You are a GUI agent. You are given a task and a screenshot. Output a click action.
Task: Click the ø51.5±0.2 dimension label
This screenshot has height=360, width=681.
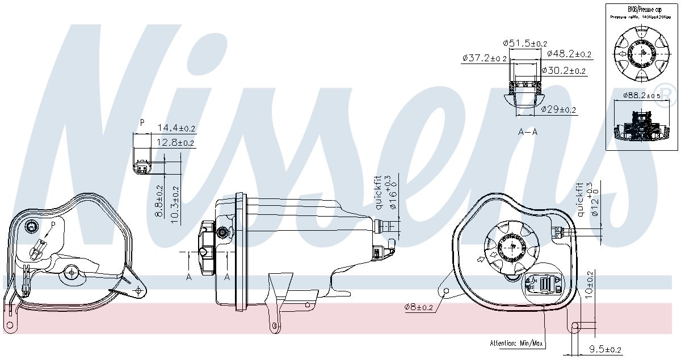(525, 43)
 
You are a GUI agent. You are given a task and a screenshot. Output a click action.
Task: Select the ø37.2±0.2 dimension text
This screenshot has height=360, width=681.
(484, 58)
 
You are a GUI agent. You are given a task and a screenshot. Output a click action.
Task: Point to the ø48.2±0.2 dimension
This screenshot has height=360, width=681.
(569, 54)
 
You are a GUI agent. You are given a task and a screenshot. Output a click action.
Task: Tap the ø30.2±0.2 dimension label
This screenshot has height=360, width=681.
(564, 71)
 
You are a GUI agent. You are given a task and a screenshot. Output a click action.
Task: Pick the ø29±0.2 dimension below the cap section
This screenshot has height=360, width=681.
(558, 109)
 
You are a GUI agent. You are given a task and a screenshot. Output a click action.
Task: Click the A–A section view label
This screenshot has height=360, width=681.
(528, 132)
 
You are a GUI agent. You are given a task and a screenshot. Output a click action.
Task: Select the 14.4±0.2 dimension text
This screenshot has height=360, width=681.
(176, 128)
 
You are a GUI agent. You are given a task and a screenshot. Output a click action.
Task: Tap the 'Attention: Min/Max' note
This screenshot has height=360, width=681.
(516, 344)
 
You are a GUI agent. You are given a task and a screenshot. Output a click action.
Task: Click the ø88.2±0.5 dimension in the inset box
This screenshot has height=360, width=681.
(641, 95)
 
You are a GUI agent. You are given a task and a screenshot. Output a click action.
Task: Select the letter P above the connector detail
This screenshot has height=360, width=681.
(142, 122)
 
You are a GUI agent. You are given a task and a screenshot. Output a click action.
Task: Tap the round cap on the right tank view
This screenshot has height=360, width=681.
(510, 248)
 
